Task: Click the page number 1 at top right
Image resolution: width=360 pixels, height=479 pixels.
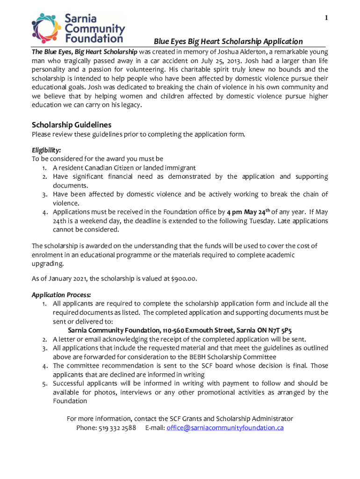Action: tap(326, 18)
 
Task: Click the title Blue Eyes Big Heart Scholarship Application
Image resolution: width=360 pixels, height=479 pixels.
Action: tap(228, 42)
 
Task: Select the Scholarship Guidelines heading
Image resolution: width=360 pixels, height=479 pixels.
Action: tap(72, 125)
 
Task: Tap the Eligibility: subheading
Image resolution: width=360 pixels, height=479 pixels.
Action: tap(46, 150)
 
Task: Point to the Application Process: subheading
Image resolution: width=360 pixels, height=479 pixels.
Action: tap(61, 295)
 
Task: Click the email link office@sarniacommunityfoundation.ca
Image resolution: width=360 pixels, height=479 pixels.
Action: tap(225, 428)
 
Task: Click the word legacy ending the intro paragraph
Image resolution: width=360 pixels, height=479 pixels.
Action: tap(129, 105)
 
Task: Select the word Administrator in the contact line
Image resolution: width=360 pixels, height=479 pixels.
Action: tap(273, 418)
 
